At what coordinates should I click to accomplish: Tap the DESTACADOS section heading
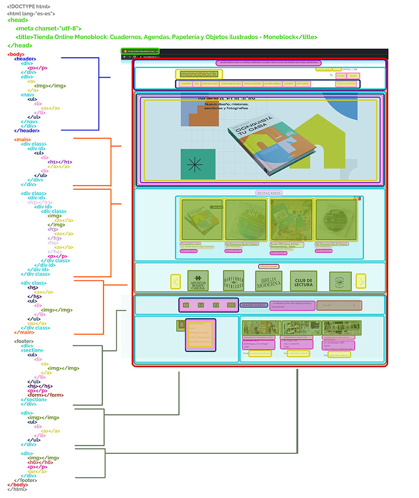[269, 193]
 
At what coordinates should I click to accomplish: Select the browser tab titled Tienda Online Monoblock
[140, 51]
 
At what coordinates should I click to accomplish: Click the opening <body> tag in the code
[16, 54]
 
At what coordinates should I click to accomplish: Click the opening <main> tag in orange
[22, 139]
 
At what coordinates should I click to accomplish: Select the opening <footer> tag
[24, 341]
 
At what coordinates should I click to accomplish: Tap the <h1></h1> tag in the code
[60, 162]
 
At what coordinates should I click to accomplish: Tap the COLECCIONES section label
[269, 267]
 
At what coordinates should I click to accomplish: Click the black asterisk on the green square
[193, 164]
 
